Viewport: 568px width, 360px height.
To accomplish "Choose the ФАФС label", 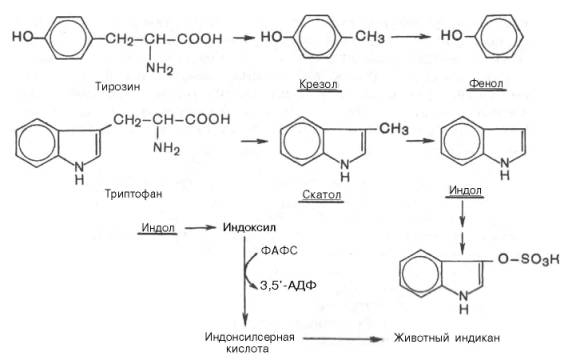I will pos(279,249).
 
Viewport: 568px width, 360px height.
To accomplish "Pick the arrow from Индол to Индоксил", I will pos(197,229).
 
